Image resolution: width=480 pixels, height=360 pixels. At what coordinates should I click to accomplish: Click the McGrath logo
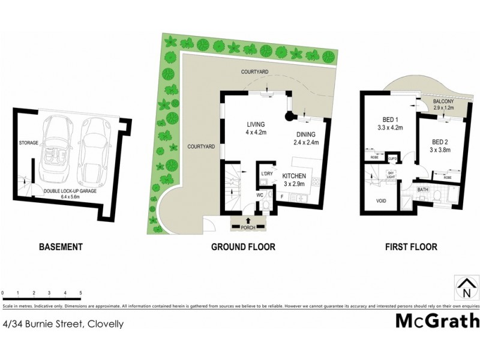[437, 321]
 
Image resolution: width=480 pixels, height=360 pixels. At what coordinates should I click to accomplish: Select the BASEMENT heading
[60, 247]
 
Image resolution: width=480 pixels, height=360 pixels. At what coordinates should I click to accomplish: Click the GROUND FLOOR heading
[243, 247]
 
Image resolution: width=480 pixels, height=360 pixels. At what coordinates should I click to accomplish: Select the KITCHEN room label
[293, 177]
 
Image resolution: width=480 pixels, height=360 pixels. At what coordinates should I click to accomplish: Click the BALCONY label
[443, 103]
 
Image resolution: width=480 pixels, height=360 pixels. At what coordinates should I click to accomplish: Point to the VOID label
[380, 200]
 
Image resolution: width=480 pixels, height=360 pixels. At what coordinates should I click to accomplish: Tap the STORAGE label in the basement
[28, 143]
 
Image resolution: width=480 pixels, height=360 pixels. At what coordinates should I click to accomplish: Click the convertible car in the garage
[55, 150]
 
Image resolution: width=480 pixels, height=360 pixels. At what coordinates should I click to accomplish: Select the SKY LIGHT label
[391, 175]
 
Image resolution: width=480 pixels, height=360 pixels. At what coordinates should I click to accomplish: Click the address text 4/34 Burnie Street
[63, 324]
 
